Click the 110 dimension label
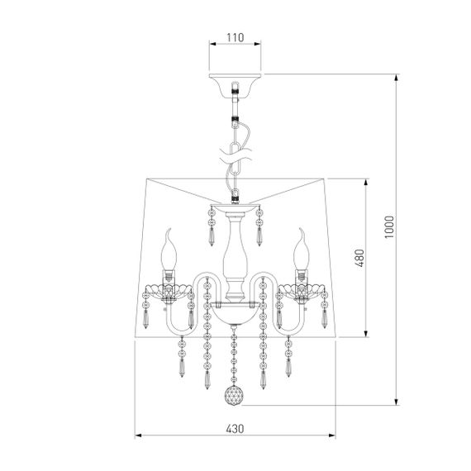click(235, 37)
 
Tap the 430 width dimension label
click(235, 429)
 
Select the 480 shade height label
click(359, 258)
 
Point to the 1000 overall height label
click(389, 227)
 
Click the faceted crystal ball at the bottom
click(233, 396)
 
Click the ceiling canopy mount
click(235, 85)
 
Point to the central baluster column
click(235, 256)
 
